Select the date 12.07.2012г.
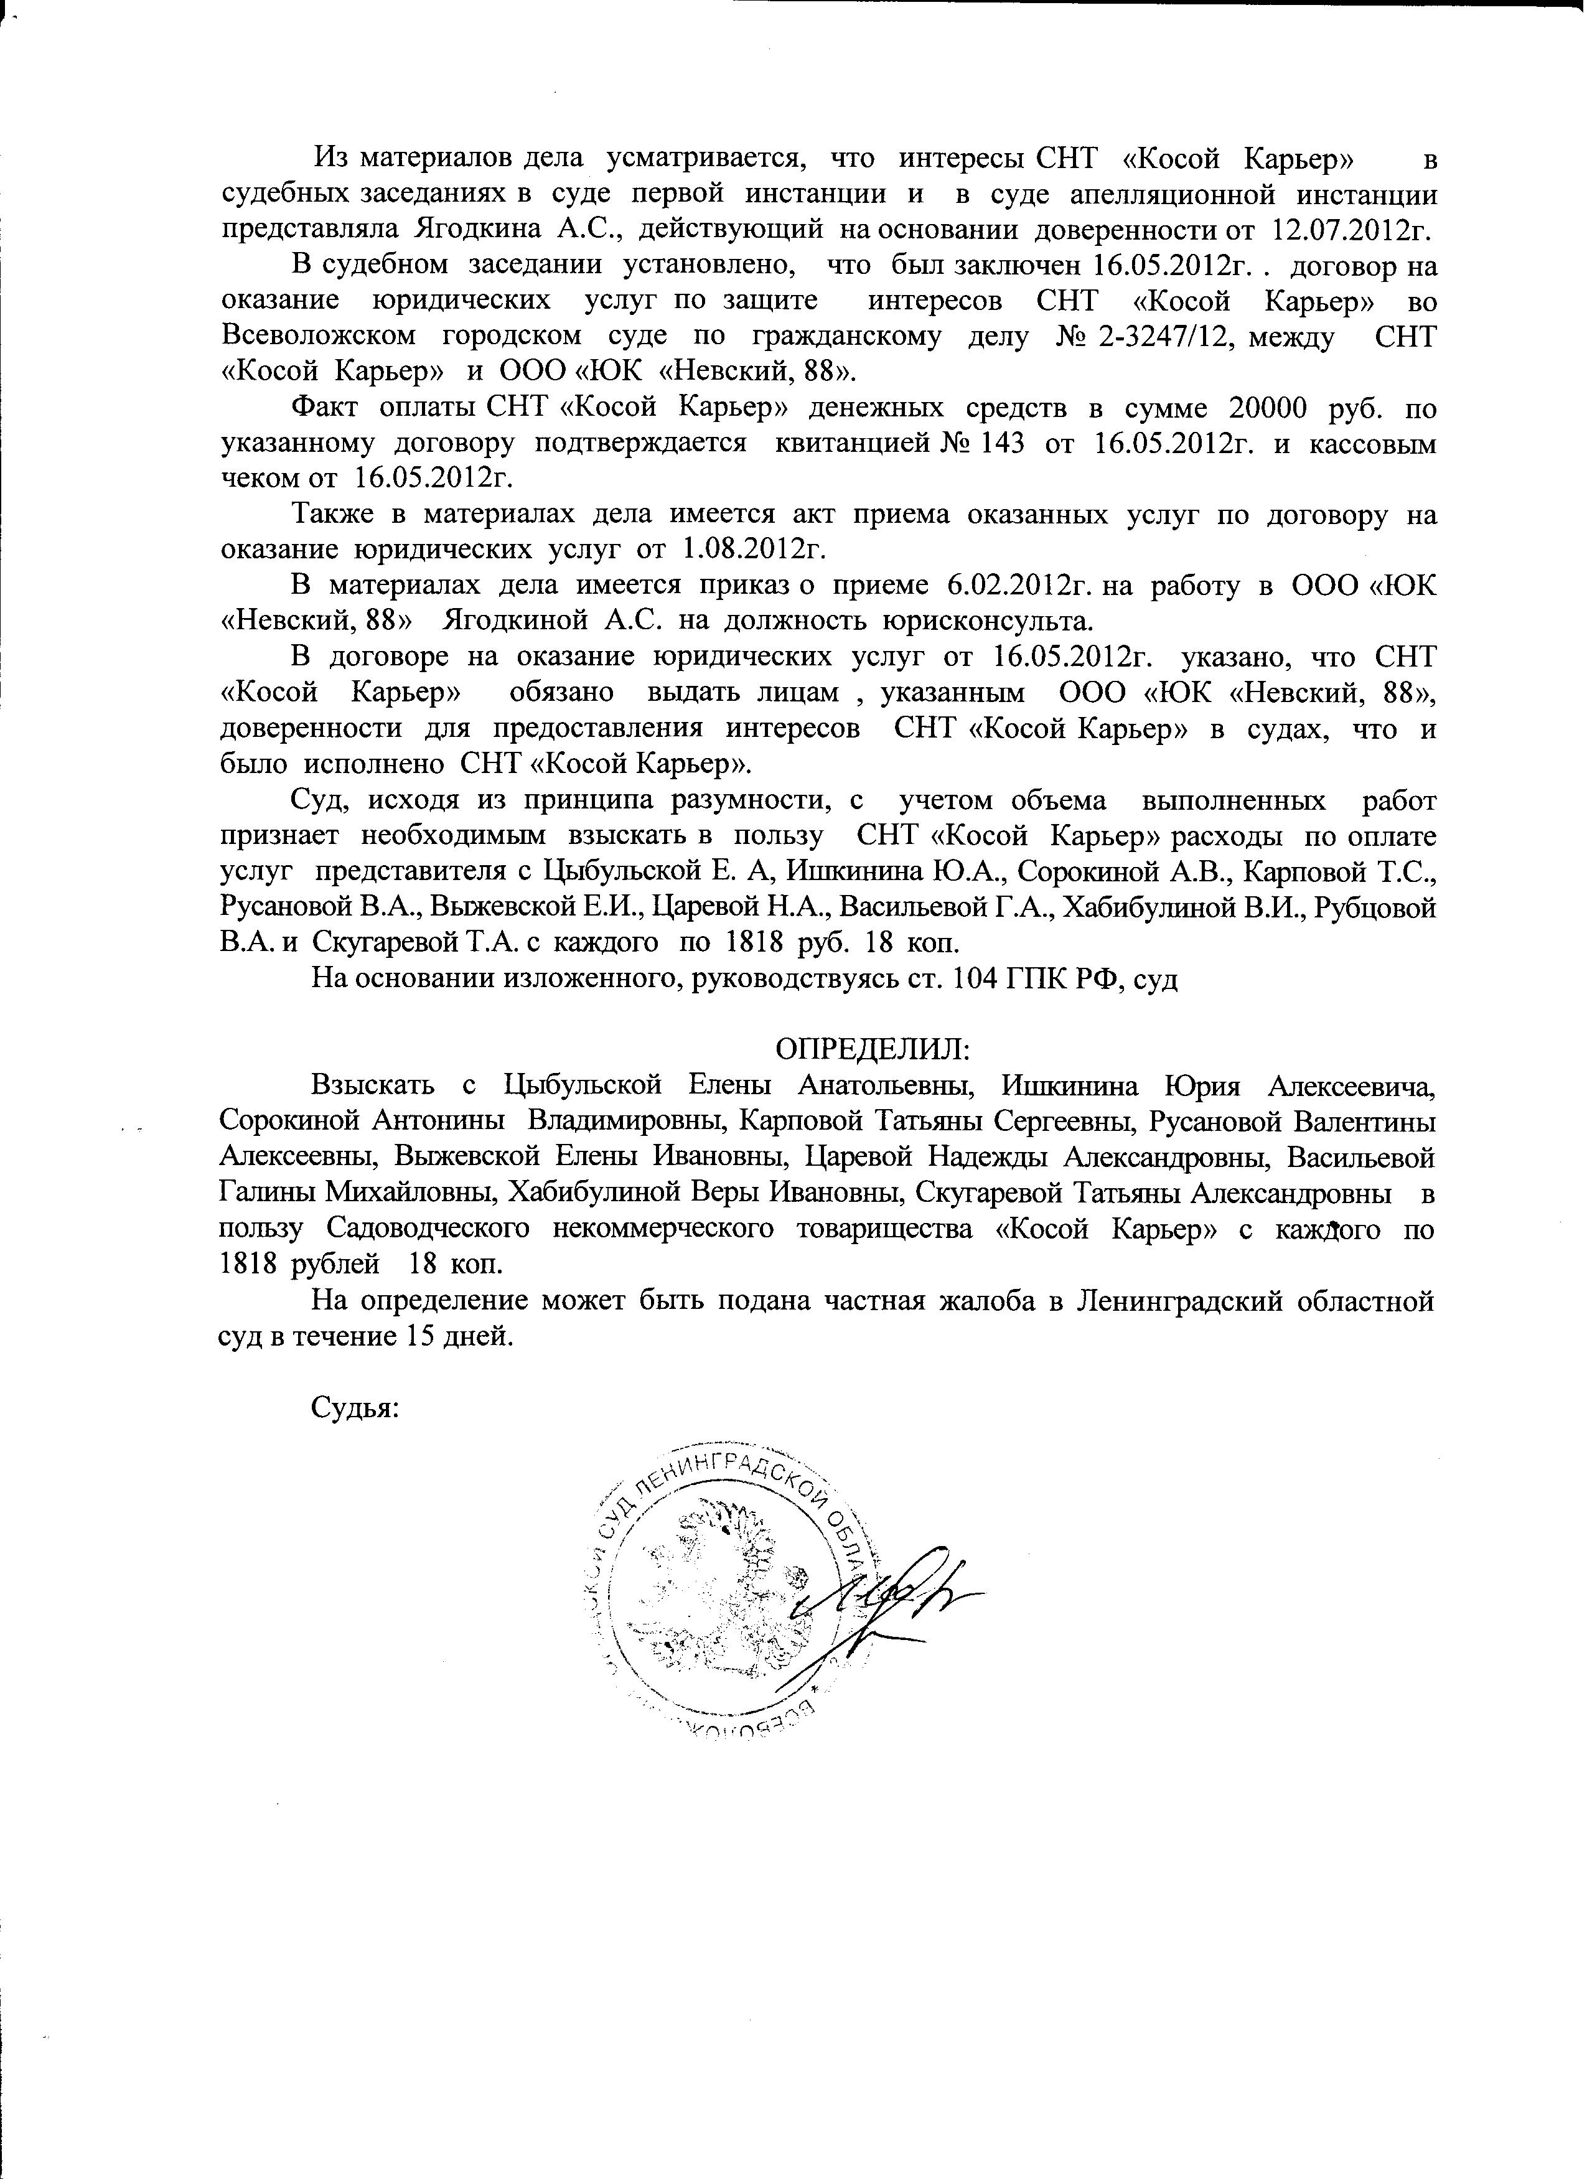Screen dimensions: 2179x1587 tap(1354, 230)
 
